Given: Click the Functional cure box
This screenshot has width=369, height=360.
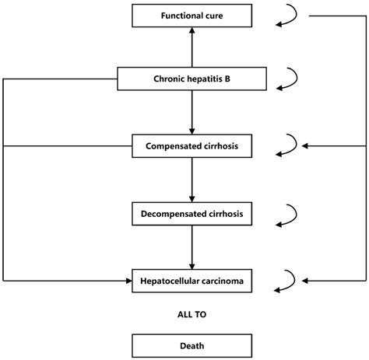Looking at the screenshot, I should click(192, 16).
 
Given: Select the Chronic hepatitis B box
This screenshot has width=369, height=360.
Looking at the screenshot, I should click(192, 79).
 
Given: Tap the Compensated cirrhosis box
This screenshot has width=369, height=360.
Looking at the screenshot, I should click(192, 145).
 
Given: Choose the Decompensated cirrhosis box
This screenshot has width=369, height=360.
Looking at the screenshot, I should click(192, 212).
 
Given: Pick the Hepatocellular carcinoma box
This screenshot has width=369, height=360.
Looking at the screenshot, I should click(192, 280).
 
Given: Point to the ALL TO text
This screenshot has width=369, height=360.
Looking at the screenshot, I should click(192, 315).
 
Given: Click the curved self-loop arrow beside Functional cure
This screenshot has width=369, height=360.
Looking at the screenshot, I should click(288, 17).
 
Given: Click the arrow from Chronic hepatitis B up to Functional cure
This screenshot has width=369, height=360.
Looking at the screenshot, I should click(192, 47).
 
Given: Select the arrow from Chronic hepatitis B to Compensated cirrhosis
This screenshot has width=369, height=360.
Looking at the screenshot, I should click(192, 112).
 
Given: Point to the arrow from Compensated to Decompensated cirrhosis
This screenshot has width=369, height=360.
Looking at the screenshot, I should click(192, 179).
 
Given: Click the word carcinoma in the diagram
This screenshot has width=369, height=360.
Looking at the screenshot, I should click(220, 280).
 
